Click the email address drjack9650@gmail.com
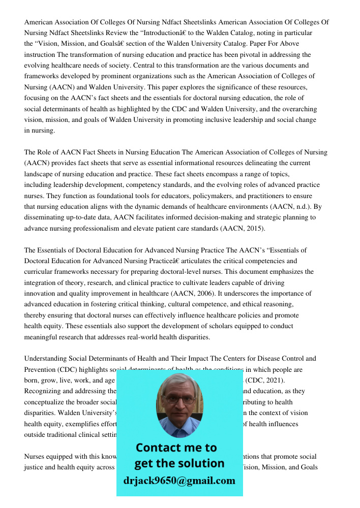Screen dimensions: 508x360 pos(179,480)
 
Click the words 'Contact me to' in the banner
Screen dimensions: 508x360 pos(176,448)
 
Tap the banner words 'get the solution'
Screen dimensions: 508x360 pos(179,463)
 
